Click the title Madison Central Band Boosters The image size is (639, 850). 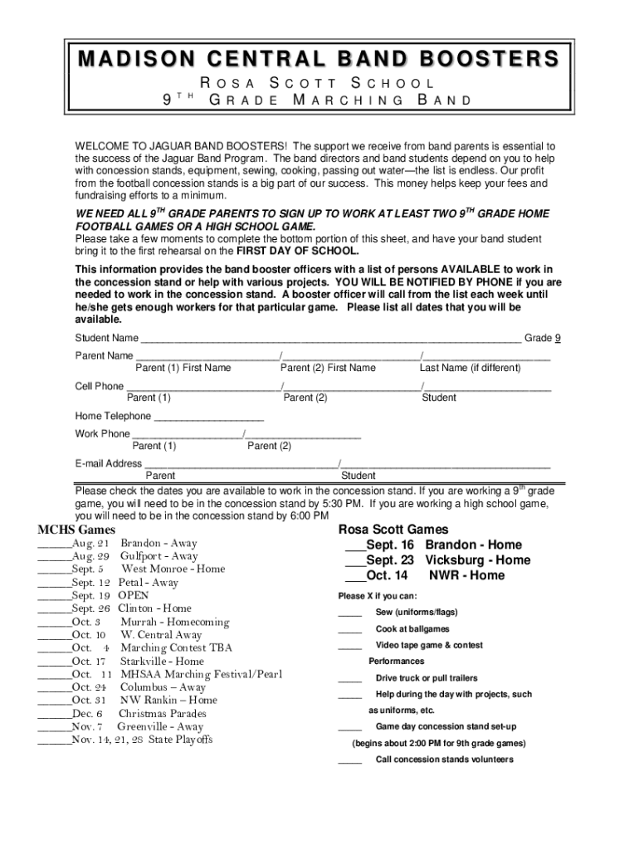tap(319, 60)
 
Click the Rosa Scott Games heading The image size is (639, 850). tap(393, 530)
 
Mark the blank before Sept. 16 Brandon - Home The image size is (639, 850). tap(354, 546)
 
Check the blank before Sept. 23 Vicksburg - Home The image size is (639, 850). tap(354, 561)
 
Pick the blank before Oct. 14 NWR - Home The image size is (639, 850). tap(354, 576)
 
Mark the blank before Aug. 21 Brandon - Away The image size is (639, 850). tap(54, 545)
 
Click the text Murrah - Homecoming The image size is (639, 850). tap(174, 622)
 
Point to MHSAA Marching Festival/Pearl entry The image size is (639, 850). tap(201, 674)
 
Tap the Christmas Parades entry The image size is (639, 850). tap(162, 713)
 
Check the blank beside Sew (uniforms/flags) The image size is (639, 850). tap(349, 613)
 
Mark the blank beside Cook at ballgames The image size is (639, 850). tap(349, 630)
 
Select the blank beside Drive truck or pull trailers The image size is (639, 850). tap(349, 679)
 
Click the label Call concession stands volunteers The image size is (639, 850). tap(444, 760)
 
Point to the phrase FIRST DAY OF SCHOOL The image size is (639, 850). tap(298, 251)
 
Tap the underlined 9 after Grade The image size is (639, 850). tap(558, 338)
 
